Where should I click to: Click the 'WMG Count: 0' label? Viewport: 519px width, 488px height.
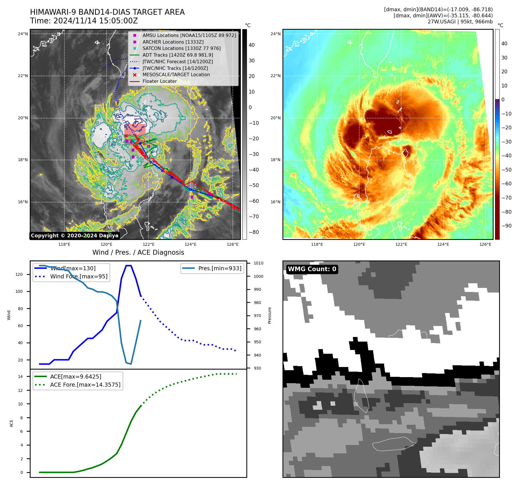[312, 269]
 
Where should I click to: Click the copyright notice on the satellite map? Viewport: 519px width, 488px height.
[75, 236]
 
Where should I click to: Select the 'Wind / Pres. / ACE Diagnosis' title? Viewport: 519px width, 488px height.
[138, 252]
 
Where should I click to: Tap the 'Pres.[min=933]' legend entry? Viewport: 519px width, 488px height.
[219, 268]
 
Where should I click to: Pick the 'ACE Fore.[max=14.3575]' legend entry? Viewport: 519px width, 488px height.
[85, 385]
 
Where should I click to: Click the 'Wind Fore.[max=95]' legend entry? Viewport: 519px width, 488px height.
[79, 276]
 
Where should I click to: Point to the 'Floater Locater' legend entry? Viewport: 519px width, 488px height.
[159, 81]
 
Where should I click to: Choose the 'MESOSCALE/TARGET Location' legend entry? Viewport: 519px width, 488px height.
[176, 74]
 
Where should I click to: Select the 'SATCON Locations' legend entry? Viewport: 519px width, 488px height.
[181, 48]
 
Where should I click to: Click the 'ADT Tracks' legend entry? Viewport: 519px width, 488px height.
[178, 55]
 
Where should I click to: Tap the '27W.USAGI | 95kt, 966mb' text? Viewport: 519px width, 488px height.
[460, 22]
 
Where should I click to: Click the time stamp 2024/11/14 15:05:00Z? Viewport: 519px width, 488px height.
[84, 21]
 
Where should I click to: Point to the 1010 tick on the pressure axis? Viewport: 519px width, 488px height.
[258, 263]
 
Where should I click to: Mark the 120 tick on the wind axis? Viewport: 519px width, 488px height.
[19, 274]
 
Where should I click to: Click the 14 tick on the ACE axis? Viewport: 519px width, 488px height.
[20, 377]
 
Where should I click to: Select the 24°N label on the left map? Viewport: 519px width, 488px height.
[23, 34]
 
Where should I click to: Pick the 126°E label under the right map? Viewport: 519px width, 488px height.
[485, 244]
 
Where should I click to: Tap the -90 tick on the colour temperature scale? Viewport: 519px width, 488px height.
[506, 226]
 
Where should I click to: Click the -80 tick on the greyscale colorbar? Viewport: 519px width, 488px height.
[254, 232]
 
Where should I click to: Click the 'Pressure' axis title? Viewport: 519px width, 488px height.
[269, 315]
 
